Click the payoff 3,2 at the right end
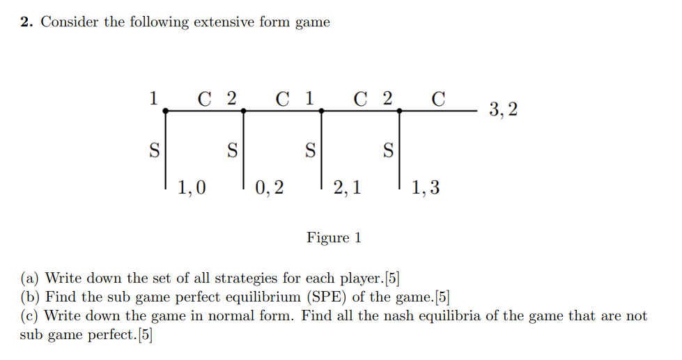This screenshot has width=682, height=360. coord(503,109)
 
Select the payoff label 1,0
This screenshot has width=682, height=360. coord(192,187)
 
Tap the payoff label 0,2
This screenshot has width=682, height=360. coord(270,187)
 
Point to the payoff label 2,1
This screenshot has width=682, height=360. coord(347,187)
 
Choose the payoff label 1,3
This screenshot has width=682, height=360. coord(426,187)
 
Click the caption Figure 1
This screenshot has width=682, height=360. coord(334,238)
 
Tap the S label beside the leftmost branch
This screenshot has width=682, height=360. coord(154,149)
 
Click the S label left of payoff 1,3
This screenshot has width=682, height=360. coord(389,149)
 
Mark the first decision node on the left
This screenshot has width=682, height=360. coord(164,110)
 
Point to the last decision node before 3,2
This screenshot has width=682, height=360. coord(399,110)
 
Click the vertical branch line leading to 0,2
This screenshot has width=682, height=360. coord(242,150)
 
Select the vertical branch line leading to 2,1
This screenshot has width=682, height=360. coord(320,150)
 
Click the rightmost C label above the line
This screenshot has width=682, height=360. coord(438,99)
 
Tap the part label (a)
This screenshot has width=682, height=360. coord(30,279)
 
